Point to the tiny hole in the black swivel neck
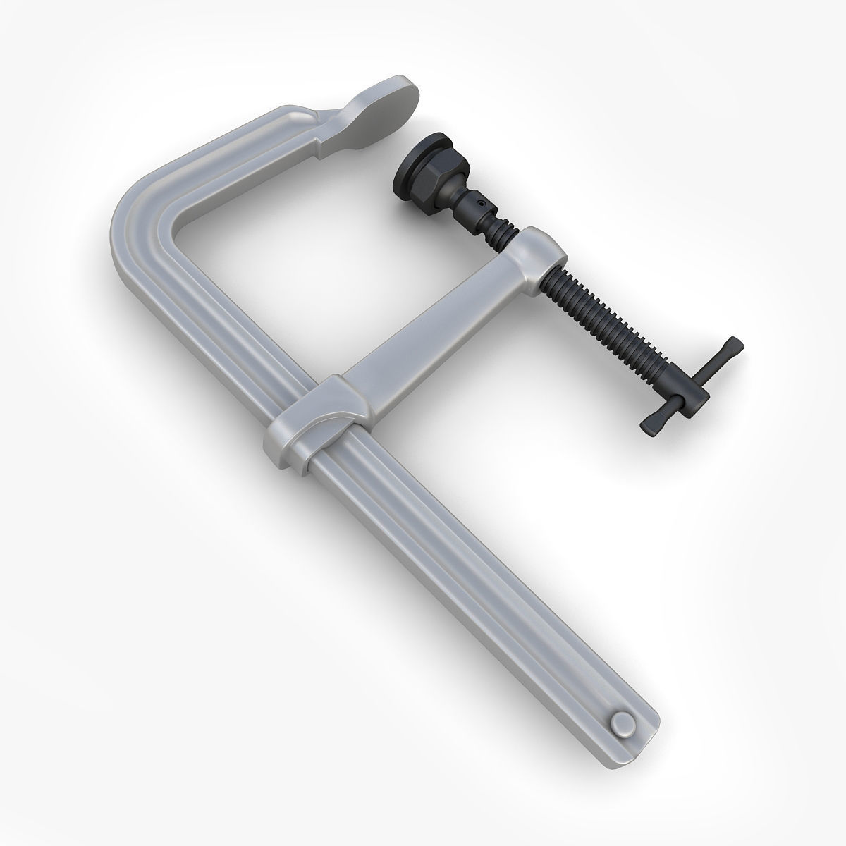[x=481, y=203]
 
